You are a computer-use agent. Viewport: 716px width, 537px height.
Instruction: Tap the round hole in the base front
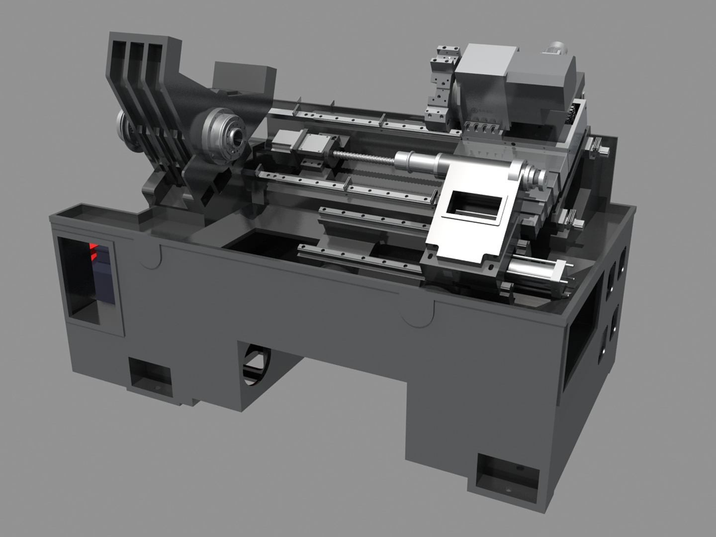tap(256, 370)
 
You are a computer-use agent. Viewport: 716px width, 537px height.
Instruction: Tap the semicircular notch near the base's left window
tap(152, 257)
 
